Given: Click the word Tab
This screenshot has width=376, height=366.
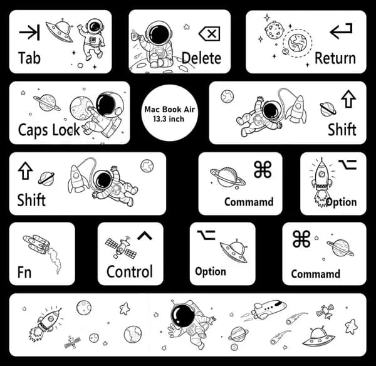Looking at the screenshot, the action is pyautogui.click(x=29, y=58).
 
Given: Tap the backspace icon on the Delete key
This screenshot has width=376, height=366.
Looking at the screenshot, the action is pyautogui.click(x=209, y=34).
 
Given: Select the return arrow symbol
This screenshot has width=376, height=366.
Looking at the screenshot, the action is pyautogui.click(x=341, y=31).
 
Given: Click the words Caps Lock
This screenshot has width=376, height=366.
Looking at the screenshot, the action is pyautogui.click(x=49, y=130).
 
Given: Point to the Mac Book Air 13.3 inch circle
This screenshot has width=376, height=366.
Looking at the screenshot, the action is pyautogui.click(x=170, y=113).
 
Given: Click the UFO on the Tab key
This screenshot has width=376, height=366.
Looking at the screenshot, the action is pyautogui.click(x=60, y=31).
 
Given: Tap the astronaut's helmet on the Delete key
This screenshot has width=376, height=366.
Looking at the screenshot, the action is pyautogui.click(x=159, y=33).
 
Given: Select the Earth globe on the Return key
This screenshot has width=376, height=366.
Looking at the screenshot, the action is pyautogui.click(x=298, y=43).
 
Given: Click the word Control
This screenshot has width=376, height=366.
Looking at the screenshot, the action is pyautogui.click(x=130, y=271).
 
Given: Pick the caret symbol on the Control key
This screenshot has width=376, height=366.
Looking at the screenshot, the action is pyautogui.click(x=145, y=236).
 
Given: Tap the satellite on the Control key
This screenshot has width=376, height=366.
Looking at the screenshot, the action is pyautogui.click(x=121, y=248).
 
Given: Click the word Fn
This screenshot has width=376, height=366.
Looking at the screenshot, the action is pyautogui.click(x=24, y=272).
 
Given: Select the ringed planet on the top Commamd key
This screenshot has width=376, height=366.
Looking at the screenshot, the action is pyautogui.click(x=227, y=177).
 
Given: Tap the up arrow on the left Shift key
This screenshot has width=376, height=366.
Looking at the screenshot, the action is pyautogui.click(x=25, y=170).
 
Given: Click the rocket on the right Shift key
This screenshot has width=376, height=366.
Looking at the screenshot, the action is pyautogui.click(x=298, y=109).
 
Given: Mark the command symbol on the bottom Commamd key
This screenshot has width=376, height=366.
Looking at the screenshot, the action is pyautogui.click(x=301, y=239).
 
